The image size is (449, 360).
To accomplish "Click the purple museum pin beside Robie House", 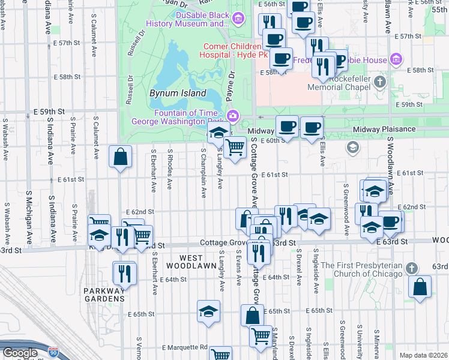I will coord(396,59).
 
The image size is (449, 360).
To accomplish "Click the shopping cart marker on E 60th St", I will coord(235,147).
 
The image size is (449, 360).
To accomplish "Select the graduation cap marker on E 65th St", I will coord(208,311).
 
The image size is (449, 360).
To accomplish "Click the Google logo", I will coord(20,353).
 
